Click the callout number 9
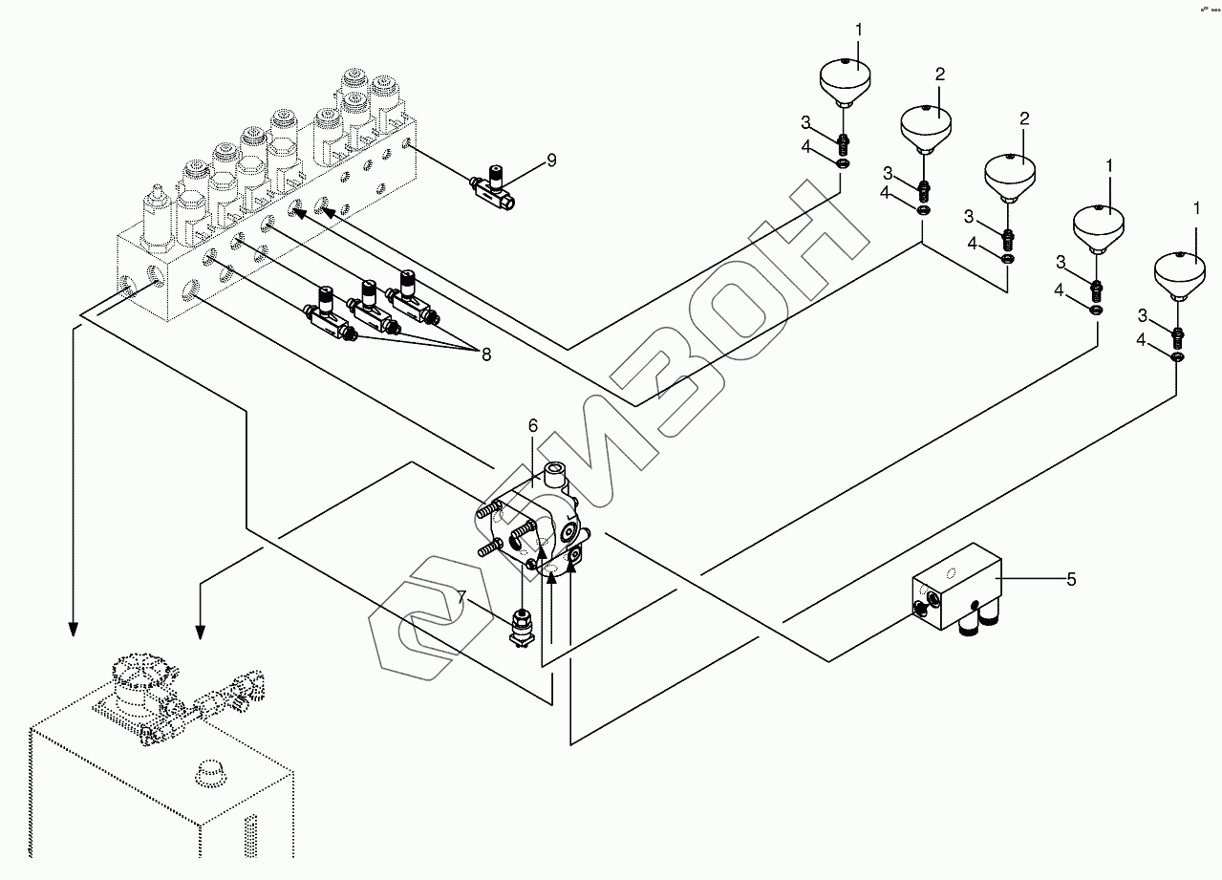click(x=551, y=161)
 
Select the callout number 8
click(x=486, y=354)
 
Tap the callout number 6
click(x=533, y=425)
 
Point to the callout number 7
click(x=462, y=597)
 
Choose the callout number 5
click(x=1071, y=579)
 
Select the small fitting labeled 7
click(x=522, y=629)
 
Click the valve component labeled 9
click(x=493, y=188)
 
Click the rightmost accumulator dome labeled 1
click(x=1179, y=276)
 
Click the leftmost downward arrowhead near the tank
click(x=73, y=629)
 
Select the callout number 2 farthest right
click(x=1024, y=118)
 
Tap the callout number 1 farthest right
click(x=1197, y=208)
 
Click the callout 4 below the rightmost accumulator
click(x=1141, y=340)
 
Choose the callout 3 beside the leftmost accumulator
click(x=805, y=122)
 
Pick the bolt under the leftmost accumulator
click(x=843, y=144)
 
